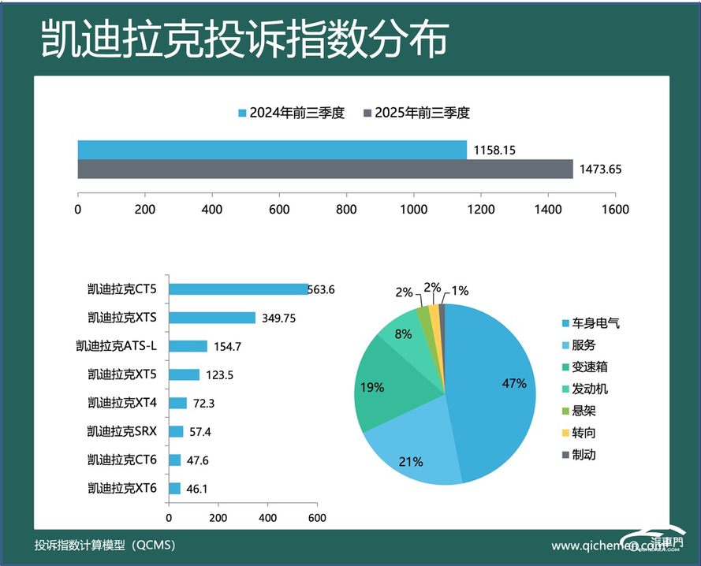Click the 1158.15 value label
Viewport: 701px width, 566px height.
click(x=494, y=149)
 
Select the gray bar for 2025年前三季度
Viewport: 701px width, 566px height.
click(x=325, y=169)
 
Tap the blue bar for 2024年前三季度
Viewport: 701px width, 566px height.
click(x=272, y=149)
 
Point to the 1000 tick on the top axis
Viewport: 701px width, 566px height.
click(x=413, y=210)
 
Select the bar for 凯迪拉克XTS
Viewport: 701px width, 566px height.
click(x=212, y=318)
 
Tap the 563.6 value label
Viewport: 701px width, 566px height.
click(x=321, y=289)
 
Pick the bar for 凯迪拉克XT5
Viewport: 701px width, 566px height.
click(x=184, y=374)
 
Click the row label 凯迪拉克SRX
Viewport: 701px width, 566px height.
click(x=122, y=431)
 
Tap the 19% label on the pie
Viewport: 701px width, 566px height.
click(x=372, y=387)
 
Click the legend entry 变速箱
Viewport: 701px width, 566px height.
click(x=590, y=367)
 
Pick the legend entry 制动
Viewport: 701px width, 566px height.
click(x=584, y=454)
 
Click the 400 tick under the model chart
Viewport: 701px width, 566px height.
click(x=267, y=518)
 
